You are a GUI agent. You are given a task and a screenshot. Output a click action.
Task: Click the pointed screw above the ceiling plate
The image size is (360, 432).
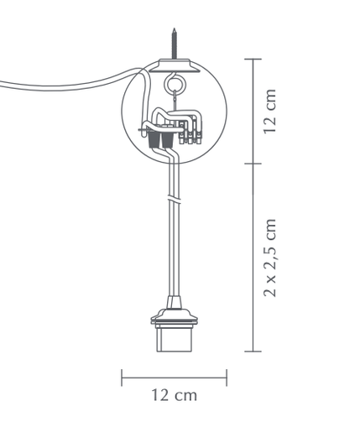(175, 44)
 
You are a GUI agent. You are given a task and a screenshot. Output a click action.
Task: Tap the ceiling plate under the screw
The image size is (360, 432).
(175, 65)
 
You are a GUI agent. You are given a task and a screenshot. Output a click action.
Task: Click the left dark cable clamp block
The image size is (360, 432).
(153, 139)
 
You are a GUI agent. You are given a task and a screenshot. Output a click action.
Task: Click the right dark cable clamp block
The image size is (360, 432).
(167, 139)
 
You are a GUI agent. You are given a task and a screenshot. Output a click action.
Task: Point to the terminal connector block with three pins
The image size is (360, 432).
(190, 133)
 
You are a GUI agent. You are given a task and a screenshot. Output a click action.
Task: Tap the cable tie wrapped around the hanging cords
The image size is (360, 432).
(174, 199)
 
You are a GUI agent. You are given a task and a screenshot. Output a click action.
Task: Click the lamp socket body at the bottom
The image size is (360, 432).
(174, 338)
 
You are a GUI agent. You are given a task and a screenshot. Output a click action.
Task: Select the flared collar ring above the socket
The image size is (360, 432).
(174, 316)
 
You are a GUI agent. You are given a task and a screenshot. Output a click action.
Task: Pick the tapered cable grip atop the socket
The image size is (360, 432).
(174, 302)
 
